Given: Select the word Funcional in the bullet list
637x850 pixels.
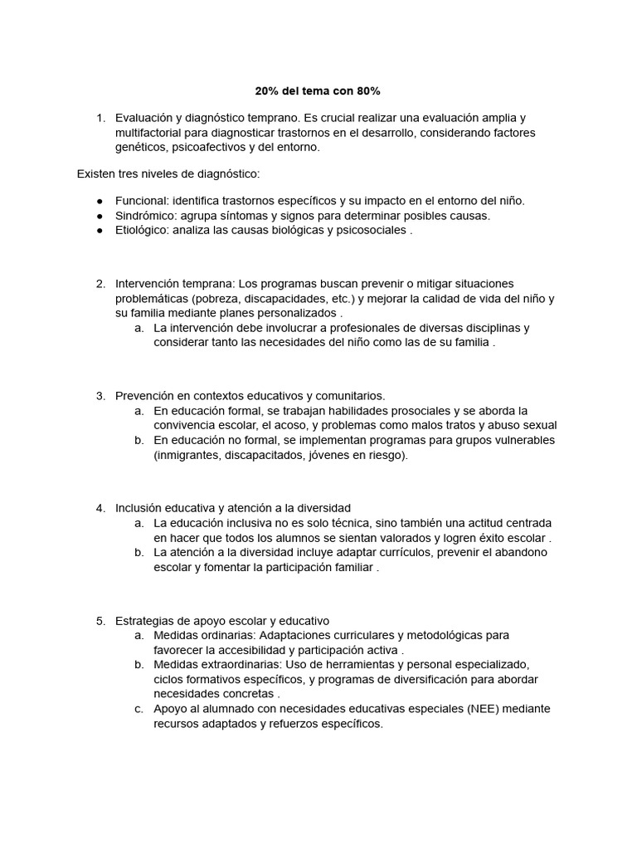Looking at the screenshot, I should point(142,201).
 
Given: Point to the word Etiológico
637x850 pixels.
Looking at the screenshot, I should point(143,231).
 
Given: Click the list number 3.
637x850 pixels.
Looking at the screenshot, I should point(100,396).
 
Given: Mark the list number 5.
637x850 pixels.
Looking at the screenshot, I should point(100,620).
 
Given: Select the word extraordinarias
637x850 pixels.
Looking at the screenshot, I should point(236,665).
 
